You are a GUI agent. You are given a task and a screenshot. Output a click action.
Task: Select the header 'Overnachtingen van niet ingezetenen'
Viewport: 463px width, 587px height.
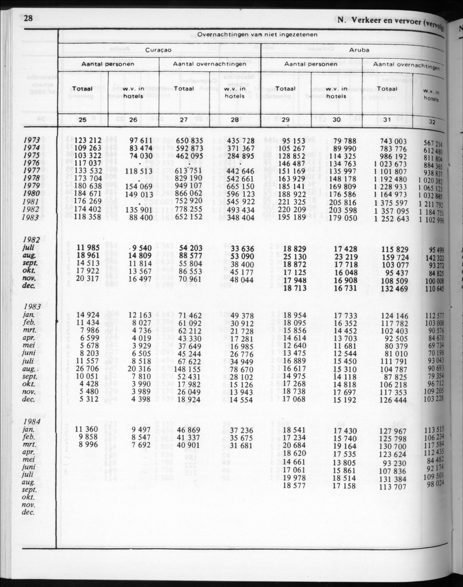click(258, 34)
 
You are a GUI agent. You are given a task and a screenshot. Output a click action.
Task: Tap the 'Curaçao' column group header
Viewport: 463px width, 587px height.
click(159, 49)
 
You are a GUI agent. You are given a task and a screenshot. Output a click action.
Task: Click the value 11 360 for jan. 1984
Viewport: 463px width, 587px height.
click(89, 430)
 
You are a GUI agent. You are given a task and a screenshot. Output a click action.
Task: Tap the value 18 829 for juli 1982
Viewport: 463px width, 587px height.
click(295, 248)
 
